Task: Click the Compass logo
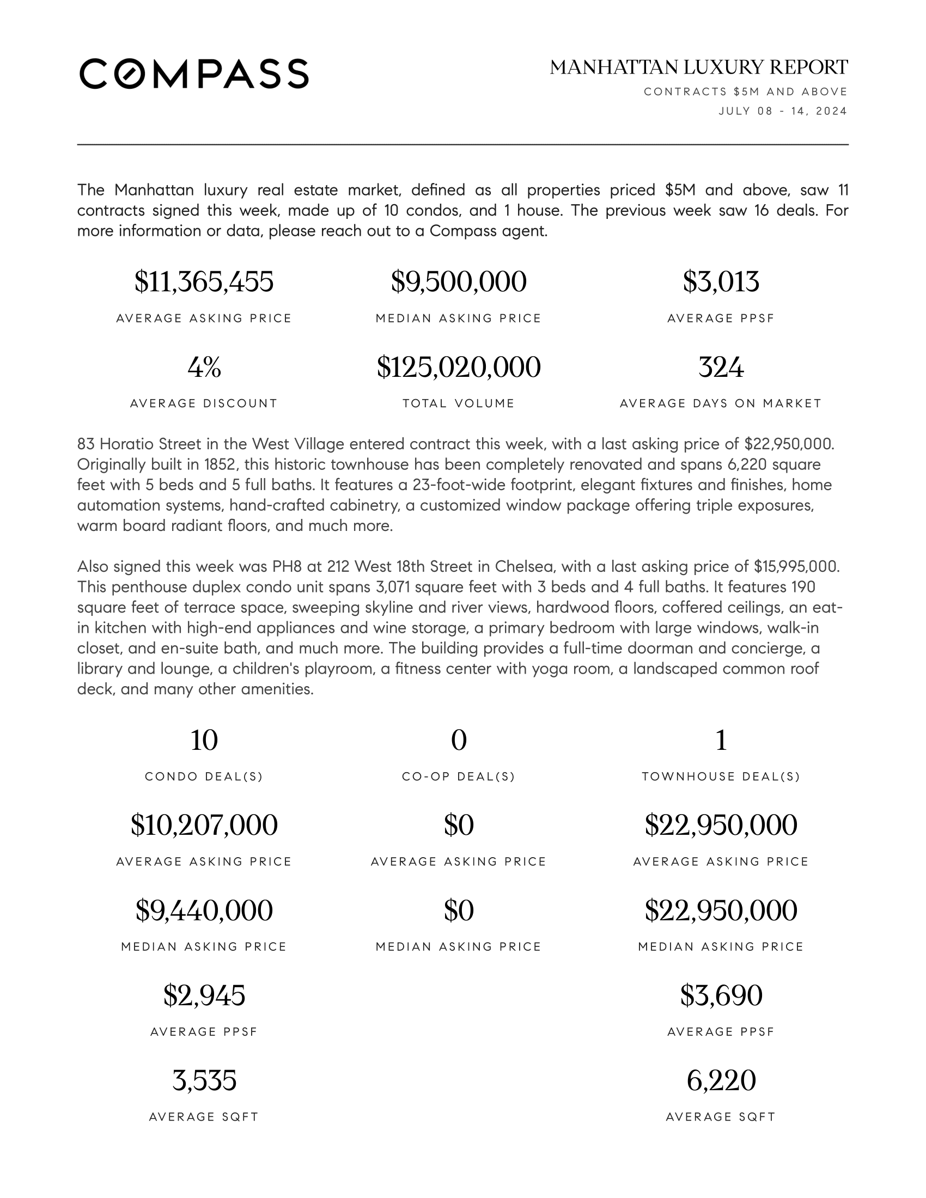[x=194, y=74]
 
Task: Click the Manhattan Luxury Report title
[x=698, y=68]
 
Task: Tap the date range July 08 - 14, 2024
[x=783, y=111]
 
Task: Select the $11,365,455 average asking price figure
[x=204, y=282]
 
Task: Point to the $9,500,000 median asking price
[x=459, y=282]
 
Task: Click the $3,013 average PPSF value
[x=721, y=282]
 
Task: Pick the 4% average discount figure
[x=204, y=368]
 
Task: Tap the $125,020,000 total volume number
[x=459, y=368]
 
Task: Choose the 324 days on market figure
[x=721, y=368]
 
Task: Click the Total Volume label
[x=459, y=404]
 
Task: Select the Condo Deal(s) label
[x=204, y=777]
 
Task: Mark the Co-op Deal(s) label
[x=459, y=777]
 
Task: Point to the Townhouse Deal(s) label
[x=721, y=777]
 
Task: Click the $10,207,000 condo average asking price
[x=204, y=826]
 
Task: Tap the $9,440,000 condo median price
[x=204, y=910]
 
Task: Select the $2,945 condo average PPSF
[x=204, y=995]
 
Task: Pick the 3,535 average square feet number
[x=204, y=1080]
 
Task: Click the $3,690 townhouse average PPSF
[x=721, y=995]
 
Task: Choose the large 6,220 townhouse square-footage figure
[x=721, y=1080]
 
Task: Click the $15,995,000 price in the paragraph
[x=796, y=567]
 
